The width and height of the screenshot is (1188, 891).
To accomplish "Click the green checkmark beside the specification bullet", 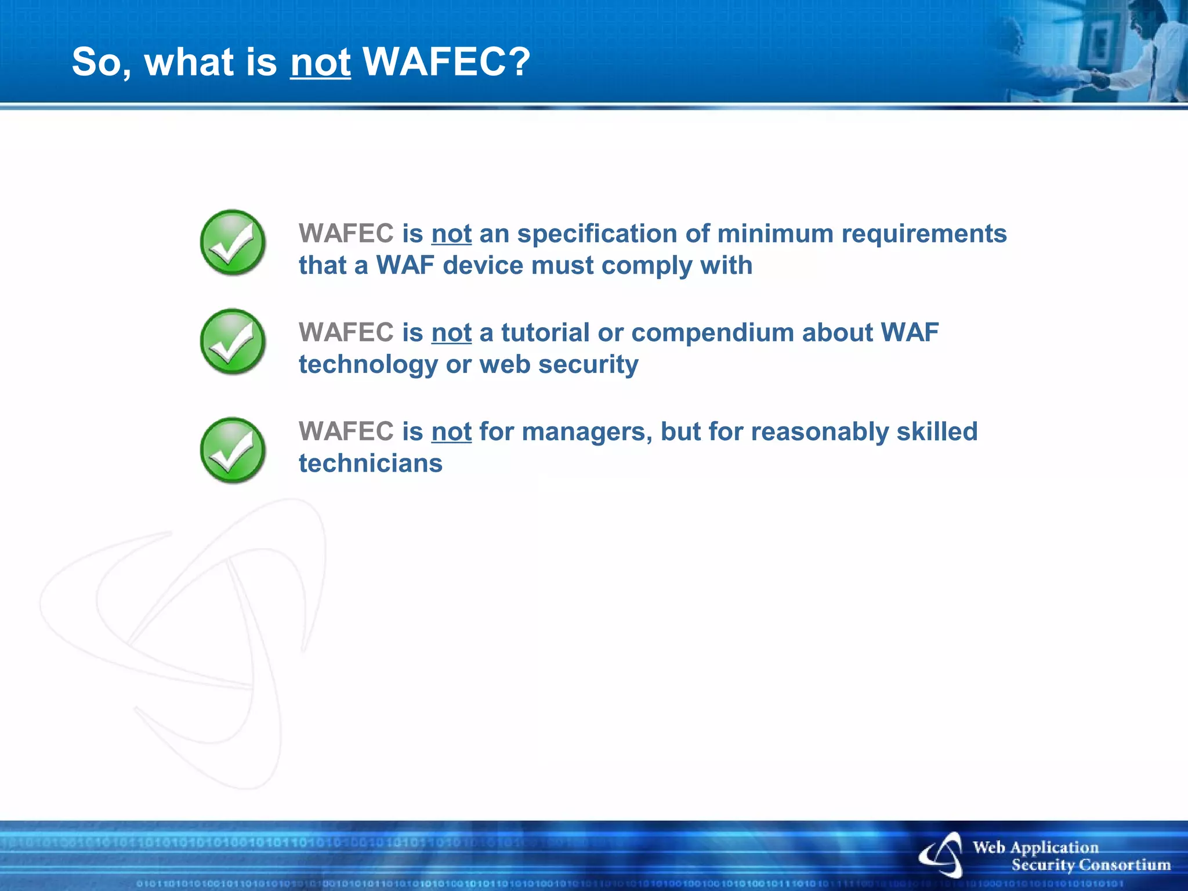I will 233,242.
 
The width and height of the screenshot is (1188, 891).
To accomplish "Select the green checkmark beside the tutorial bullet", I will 233,342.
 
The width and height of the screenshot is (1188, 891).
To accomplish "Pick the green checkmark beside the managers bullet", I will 233,450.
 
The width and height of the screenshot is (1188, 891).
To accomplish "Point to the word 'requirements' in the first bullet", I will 923,234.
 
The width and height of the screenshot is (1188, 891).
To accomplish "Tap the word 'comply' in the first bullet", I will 647,266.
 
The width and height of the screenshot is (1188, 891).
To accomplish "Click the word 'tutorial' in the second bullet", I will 545,333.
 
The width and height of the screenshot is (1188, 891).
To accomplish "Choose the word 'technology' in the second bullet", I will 368,365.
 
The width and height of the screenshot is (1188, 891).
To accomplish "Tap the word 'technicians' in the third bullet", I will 371,463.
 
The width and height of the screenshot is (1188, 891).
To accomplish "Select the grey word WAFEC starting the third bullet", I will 346,432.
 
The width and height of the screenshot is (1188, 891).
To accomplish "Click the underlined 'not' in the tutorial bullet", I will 451,333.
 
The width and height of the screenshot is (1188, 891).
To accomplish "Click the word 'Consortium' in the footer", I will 1121,865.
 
